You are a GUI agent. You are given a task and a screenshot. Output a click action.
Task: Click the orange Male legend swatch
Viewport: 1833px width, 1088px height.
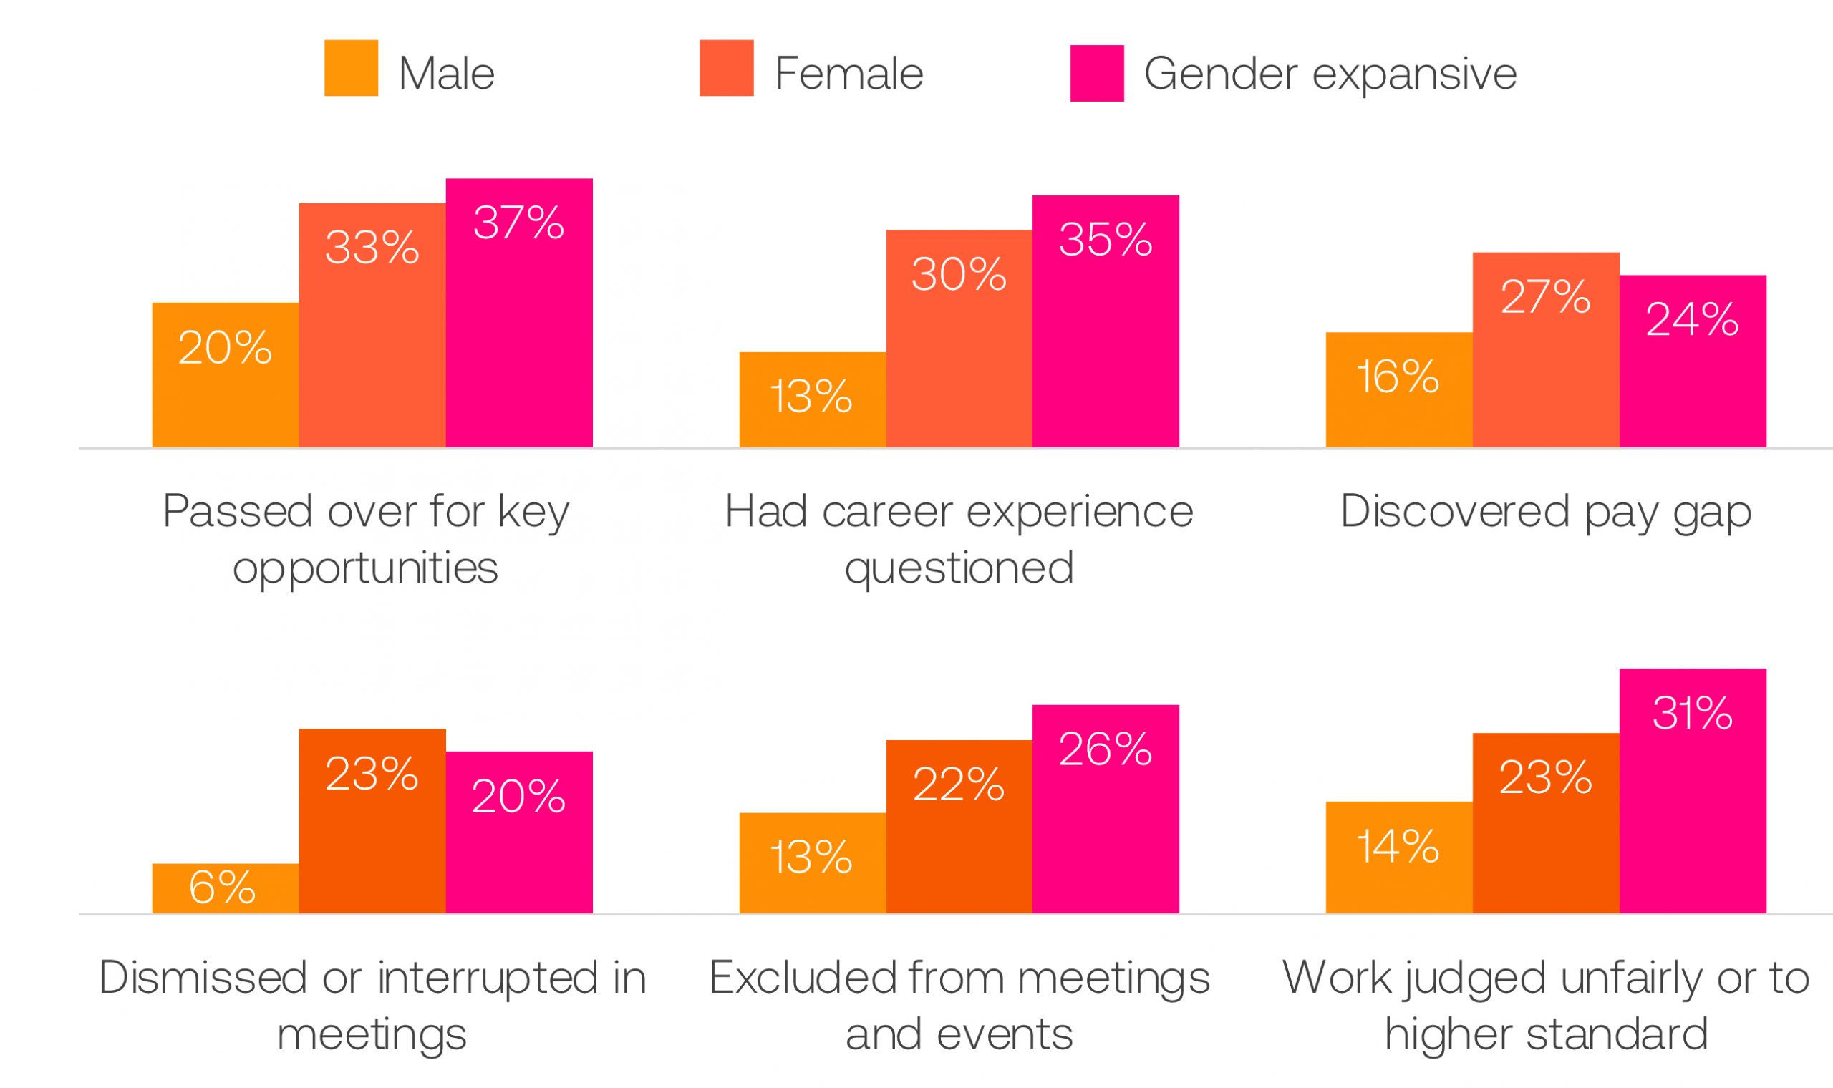(x=351, y=68)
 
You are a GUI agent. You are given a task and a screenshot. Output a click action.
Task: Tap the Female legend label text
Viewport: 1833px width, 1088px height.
(x=848, y=73)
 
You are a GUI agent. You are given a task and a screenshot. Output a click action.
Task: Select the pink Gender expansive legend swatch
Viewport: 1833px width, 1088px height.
(x=1096, y=73)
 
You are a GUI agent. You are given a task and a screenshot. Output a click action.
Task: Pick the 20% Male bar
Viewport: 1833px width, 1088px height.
(x=225, y=374)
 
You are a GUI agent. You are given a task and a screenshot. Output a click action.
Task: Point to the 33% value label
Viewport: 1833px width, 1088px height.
(x=372, y=247)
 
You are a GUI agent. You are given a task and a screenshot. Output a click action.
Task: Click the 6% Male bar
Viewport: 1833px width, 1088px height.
(x=225, y=888)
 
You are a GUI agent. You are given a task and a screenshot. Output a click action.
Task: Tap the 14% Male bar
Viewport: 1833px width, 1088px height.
(x=1399, y=857)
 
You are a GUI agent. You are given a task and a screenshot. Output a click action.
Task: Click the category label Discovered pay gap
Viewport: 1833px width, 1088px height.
(x=1546, y=512)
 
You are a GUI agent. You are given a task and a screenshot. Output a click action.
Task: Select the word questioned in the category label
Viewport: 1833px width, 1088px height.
(x=959, y=568)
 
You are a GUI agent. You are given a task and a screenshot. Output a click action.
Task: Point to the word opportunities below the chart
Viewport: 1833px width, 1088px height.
(x=365, y=568)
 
